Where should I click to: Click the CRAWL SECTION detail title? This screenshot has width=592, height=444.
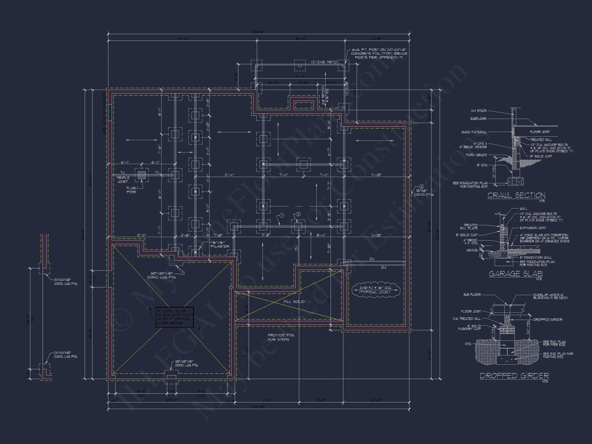pos(516,195)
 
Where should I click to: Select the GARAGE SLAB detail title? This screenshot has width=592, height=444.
pos(516,274)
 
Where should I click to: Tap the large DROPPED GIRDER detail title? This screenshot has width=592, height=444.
pos(514,376)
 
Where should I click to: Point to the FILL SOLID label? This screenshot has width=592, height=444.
pos(294,302)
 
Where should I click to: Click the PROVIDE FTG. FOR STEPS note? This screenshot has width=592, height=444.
pos(281,337)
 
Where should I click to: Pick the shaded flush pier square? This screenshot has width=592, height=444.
pos(142,175)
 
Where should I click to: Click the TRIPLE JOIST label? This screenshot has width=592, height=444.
pos(123,180)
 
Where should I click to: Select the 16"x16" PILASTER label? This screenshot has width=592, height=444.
pos(220,244)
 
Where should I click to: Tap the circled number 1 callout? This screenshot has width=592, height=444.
pos(281,215)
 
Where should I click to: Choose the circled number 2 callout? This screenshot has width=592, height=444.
pos(298,214)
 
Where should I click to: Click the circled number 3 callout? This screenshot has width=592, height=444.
pos(422,186)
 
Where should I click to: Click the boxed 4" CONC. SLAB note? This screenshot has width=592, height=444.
pos(175,317)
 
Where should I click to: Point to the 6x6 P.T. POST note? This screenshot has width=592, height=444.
pos(379,54)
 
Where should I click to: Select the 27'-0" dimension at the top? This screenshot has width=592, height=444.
pos(182,39)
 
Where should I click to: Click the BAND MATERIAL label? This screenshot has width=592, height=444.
pos(474,132)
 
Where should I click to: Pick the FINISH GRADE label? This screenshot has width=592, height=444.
pos(476,155)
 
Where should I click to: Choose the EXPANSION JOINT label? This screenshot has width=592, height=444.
pos(533,228)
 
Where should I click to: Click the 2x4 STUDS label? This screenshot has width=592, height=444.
pos(478,111)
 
